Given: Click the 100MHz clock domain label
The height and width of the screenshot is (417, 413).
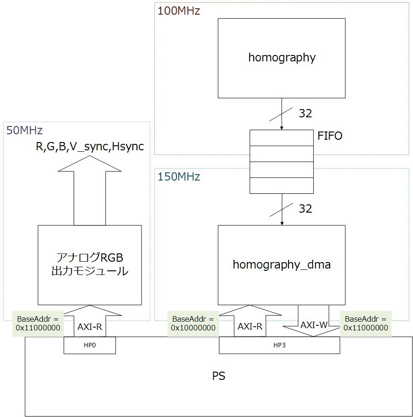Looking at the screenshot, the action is (x=179, y=11).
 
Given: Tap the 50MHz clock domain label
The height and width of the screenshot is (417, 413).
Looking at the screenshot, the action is (x=24, y=130).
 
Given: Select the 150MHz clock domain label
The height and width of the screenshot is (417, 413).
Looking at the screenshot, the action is (x=179, y=176).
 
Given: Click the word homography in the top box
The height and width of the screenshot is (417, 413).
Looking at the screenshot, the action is (x=282, y=58).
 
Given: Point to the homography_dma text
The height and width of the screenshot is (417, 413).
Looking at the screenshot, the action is (x=282, y=265).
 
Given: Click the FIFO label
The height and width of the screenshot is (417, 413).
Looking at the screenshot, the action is (x=330, y=136).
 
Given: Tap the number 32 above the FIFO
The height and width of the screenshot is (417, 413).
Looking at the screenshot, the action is (x=305, y=114).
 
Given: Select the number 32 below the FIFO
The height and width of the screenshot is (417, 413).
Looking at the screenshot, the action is (x=305, y=209).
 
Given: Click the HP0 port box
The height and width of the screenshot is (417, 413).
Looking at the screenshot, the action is (x=90, y=345).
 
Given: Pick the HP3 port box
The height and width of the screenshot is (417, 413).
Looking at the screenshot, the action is (x=279, y=345).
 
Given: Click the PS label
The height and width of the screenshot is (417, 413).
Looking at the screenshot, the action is (x=219, y=376).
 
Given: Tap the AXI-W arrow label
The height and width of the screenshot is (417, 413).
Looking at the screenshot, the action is (x=314, y=325).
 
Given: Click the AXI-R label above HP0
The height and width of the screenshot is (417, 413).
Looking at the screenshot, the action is (x=90, y=327).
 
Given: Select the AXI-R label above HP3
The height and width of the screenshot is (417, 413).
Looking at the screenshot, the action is (x=250, y=326).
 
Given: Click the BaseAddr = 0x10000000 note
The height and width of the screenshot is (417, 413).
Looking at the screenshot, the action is (x=193, y=324).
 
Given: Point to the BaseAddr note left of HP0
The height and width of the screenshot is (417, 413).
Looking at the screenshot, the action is (x=38, y=324).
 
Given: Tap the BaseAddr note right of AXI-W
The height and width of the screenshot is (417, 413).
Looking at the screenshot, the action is (x=366, y=324).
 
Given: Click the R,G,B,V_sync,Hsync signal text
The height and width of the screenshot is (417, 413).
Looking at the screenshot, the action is (x=90, y=147).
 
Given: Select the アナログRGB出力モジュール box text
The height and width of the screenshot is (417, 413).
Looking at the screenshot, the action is (x=90, y=264).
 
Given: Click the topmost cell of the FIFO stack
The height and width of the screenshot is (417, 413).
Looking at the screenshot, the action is (x=282, y=138).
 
